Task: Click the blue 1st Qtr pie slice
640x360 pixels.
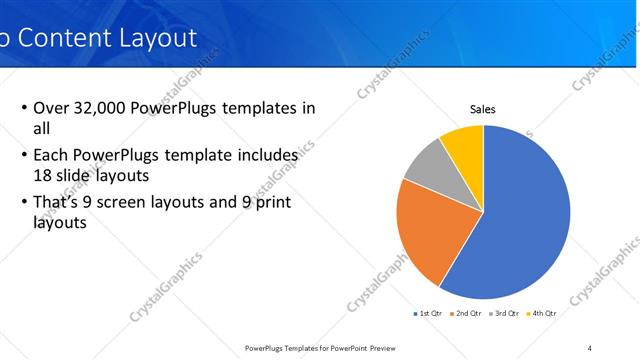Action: (525, 220)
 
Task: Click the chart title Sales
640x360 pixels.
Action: (483, 109)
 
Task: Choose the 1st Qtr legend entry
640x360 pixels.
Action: (429, 314)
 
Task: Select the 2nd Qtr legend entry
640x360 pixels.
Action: (466, 314)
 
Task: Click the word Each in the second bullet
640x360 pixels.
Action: (51, 156)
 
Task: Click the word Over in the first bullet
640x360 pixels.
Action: (51, 108)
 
